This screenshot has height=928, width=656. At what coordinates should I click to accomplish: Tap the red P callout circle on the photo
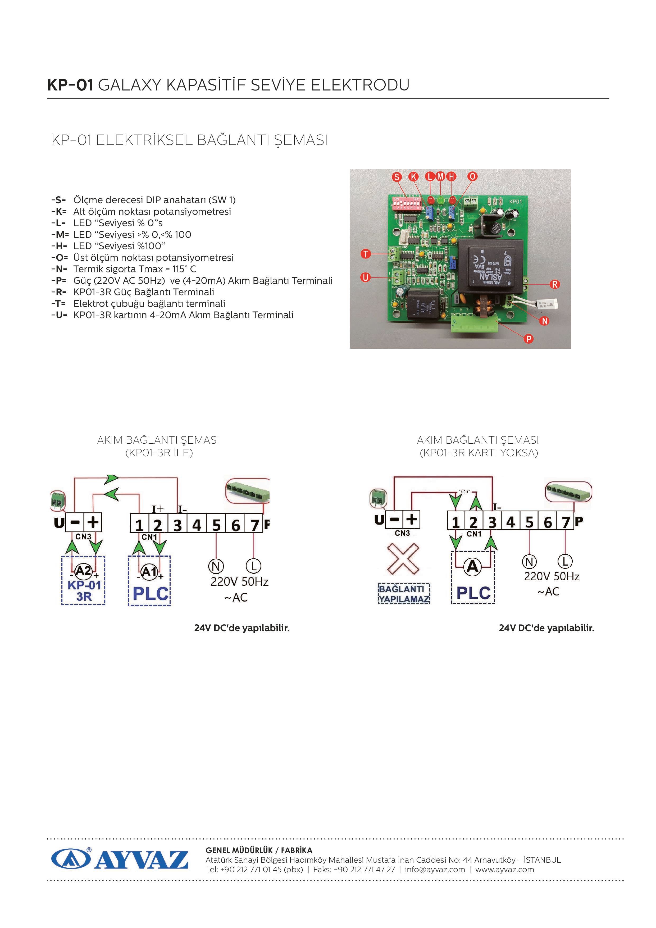529,339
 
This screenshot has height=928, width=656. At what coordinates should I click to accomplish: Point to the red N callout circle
544,321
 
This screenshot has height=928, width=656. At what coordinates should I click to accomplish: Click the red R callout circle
554,284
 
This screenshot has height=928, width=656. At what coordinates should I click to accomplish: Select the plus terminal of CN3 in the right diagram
412,519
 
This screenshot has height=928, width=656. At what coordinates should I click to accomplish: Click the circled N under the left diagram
216,566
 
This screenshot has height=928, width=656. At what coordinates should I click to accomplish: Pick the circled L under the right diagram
565,561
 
